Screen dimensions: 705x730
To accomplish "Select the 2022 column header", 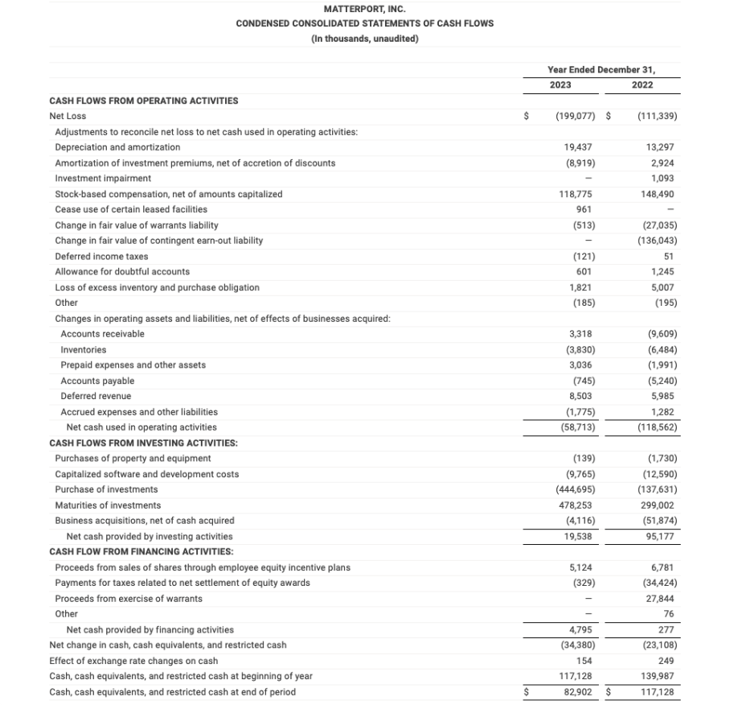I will pyautogui.click(x=642, y=85).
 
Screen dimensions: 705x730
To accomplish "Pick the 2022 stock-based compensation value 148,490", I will pyautogui.click(x=659, y=194).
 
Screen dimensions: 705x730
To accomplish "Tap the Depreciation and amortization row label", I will pyautogui.click(x=117, y=147).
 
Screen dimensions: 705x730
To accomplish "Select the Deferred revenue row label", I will pyautogui.click(x=96, y=396).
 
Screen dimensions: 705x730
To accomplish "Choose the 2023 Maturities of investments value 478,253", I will pyautogui.click(x=577, y=505).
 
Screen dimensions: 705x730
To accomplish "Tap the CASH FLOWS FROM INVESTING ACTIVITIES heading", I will pyautogui.click(x=143, y=443).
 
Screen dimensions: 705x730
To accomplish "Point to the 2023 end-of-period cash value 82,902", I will pyautogui.click(x=579, y=692).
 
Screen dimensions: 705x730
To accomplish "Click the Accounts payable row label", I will pyautogui.click(x=97, y=381).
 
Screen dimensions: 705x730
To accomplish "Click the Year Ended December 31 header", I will pyautogui.click(x=601, y=69).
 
